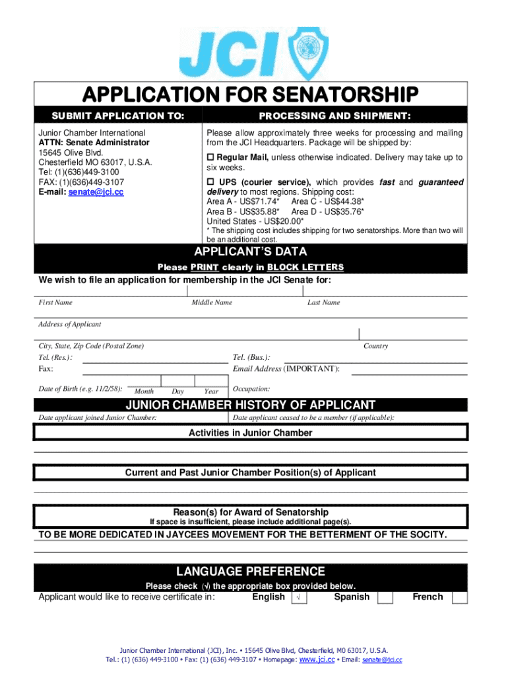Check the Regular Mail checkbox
[x=211, y=158]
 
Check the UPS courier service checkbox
[x=211, y=182]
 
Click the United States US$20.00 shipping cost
[x=255, y=221]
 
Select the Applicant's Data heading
[x=250, y=252]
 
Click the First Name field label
[x=55, y=302]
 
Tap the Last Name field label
[x=323, y=302]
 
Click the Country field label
[x=375, y=346]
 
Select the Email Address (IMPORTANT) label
[x=286, y=368]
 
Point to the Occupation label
[x=251, y=389]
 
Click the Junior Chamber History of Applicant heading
[x=251, y=405]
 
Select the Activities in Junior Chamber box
[x=251, y=433]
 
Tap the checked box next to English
[x=299, y=597]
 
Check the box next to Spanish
[x=385, y=597]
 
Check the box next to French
[x=460, y=597]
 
